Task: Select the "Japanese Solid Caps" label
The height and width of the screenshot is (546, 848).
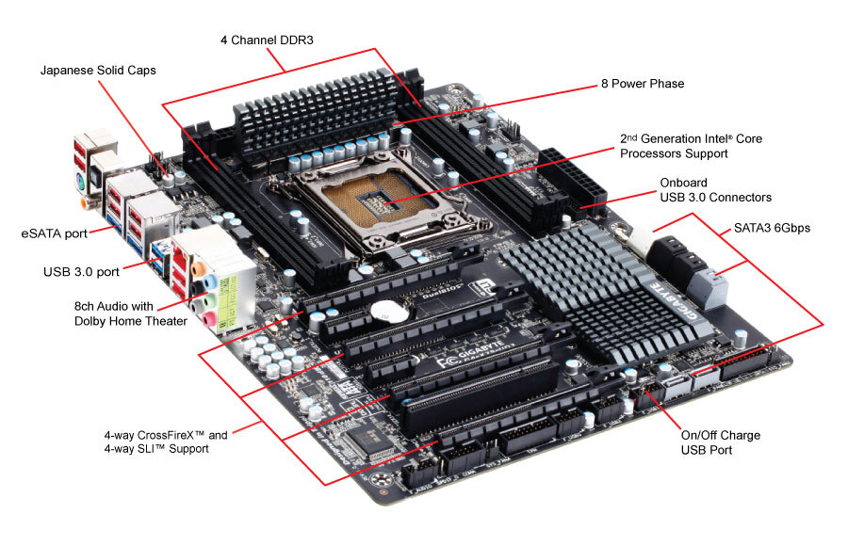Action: coord(97,70)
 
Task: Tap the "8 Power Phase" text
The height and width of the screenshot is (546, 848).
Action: coord(642,84)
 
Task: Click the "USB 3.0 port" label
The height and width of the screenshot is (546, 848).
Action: coord(81,272)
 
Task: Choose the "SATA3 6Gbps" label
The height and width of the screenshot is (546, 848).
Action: coord(772,228)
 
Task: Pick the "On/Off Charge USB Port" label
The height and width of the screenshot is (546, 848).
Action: coord(720,442)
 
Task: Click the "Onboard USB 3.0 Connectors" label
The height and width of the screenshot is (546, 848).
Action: coord(715,189)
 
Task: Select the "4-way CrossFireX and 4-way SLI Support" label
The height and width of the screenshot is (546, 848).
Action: coord(166,442)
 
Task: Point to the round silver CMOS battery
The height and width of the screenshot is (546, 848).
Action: coord(386,310)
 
